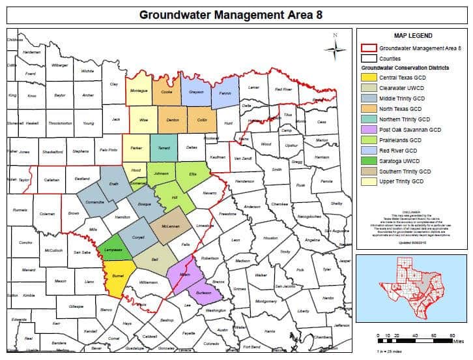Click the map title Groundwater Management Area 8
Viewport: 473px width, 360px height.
coord(236,14)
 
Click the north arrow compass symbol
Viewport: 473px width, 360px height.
coord(336,47)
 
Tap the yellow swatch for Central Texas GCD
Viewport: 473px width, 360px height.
coord(369,78)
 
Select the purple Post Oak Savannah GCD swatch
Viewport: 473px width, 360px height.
coord(369,130)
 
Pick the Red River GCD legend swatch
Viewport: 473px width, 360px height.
coord(369,151)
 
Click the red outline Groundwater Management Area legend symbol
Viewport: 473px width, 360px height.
coord(369,48)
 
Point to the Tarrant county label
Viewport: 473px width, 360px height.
coord(164,148)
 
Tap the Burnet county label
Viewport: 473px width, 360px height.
coord(118,277)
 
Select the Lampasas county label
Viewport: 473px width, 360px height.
coord(114,250)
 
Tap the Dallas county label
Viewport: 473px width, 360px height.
coord(192,148)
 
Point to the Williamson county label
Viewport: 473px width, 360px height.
coord(148,282)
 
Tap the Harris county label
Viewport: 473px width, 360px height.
coord(269,331)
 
